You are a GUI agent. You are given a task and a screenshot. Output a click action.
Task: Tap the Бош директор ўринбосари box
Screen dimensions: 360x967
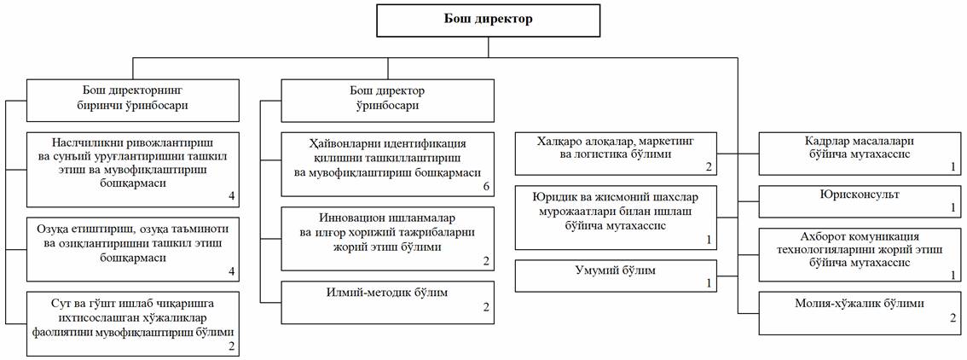pyautogui.click(x=388, y=97)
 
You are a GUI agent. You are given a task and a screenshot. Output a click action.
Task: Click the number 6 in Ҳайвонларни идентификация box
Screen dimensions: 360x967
pyautogui.click(x=485, y=186)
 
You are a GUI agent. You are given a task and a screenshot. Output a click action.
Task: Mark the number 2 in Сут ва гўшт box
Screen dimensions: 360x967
pyautogui.click(x=229, y=346)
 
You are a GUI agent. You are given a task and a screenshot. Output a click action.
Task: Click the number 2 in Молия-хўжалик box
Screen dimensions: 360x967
pyautogui.click(x=953, y=317)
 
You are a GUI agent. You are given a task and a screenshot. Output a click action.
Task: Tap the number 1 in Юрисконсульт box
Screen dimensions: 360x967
pyautogui.click(x=953, y=207)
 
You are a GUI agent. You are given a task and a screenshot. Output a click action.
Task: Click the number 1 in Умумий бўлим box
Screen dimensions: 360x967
pyautogui.click(x=708, y=282)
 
